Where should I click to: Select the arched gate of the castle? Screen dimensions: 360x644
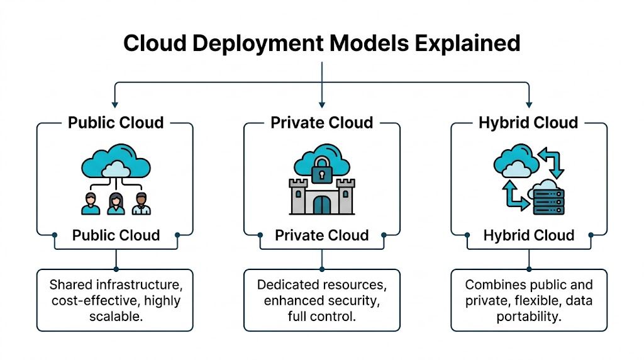coord(321,205)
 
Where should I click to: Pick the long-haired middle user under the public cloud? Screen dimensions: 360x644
coord(116,203)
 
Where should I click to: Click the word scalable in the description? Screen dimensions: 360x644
coord(114,316)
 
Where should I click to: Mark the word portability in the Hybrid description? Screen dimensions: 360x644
coord(528,316)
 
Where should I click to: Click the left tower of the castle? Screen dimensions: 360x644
coord(297,195)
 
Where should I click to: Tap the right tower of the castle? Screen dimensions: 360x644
coord(346,195)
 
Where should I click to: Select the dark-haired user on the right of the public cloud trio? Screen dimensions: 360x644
coord(142,203)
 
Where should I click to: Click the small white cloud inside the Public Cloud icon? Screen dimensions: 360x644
coord(116,169)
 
